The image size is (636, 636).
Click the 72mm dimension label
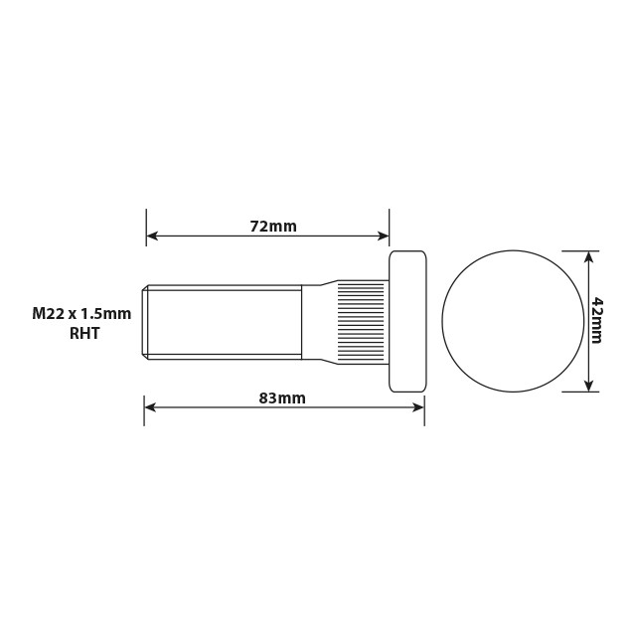272,227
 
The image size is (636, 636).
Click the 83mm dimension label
282,398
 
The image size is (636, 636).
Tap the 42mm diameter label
596,320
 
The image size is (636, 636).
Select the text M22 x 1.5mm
81,314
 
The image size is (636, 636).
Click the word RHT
84,334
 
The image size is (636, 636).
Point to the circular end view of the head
513,321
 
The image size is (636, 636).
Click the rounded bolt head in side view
407,321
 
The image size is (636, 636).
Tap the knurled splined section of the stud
361,321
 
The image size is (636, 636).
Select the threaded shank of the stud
225,321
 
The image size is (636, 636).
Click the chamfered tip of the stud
145,321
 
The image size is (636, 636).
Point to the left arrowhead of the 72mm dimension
152,237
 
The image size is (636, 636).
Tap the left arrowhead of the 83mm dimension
150,406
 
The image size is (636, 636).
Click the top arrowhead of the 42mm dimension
589,257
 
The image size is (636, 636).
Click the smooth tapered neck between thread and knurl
319,321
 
